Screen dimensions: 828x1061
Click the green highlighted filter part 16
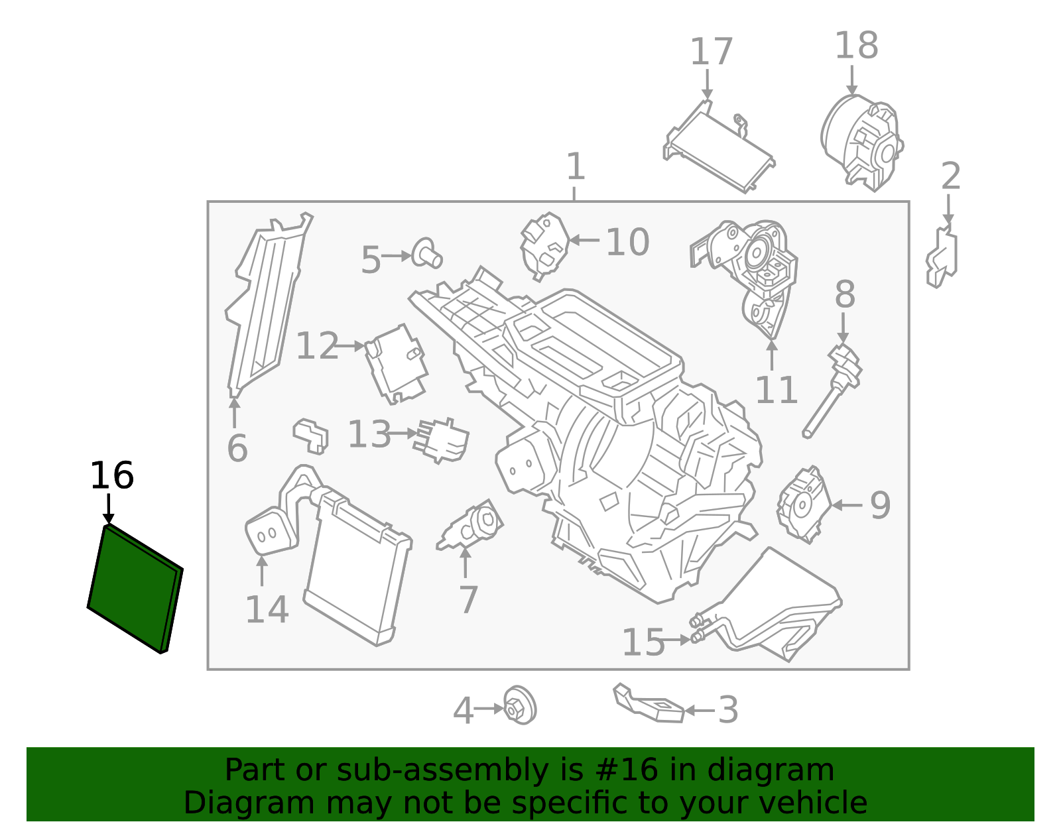click(135, 589)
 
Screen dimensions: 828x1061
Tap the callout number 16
click(111, 476)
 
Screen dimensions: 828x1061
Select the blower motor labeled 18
click(861, 142)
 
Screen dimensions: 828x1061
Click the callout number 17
click(711, 52)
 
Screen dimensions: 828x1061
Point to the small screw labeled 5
click(426, 255)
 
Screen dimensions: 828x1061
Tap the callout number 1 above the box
click(575, 166)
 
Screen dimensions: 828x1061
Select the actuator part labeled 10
click(544, 246)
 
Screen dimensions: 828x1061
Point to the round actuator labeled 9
click(804, 504)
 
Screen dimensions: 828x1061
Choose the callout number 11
click(776, 390)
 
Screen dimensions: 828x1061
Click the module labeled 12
click(396, 363)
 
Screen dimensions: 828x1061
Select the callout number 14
click(267, 609)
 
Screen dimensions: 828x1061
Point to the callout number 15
click(643, 642)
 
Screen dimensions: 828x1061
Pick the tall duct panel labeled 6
click(265, 305)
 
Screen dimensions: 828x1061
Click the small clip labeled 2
click(942, 258)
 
